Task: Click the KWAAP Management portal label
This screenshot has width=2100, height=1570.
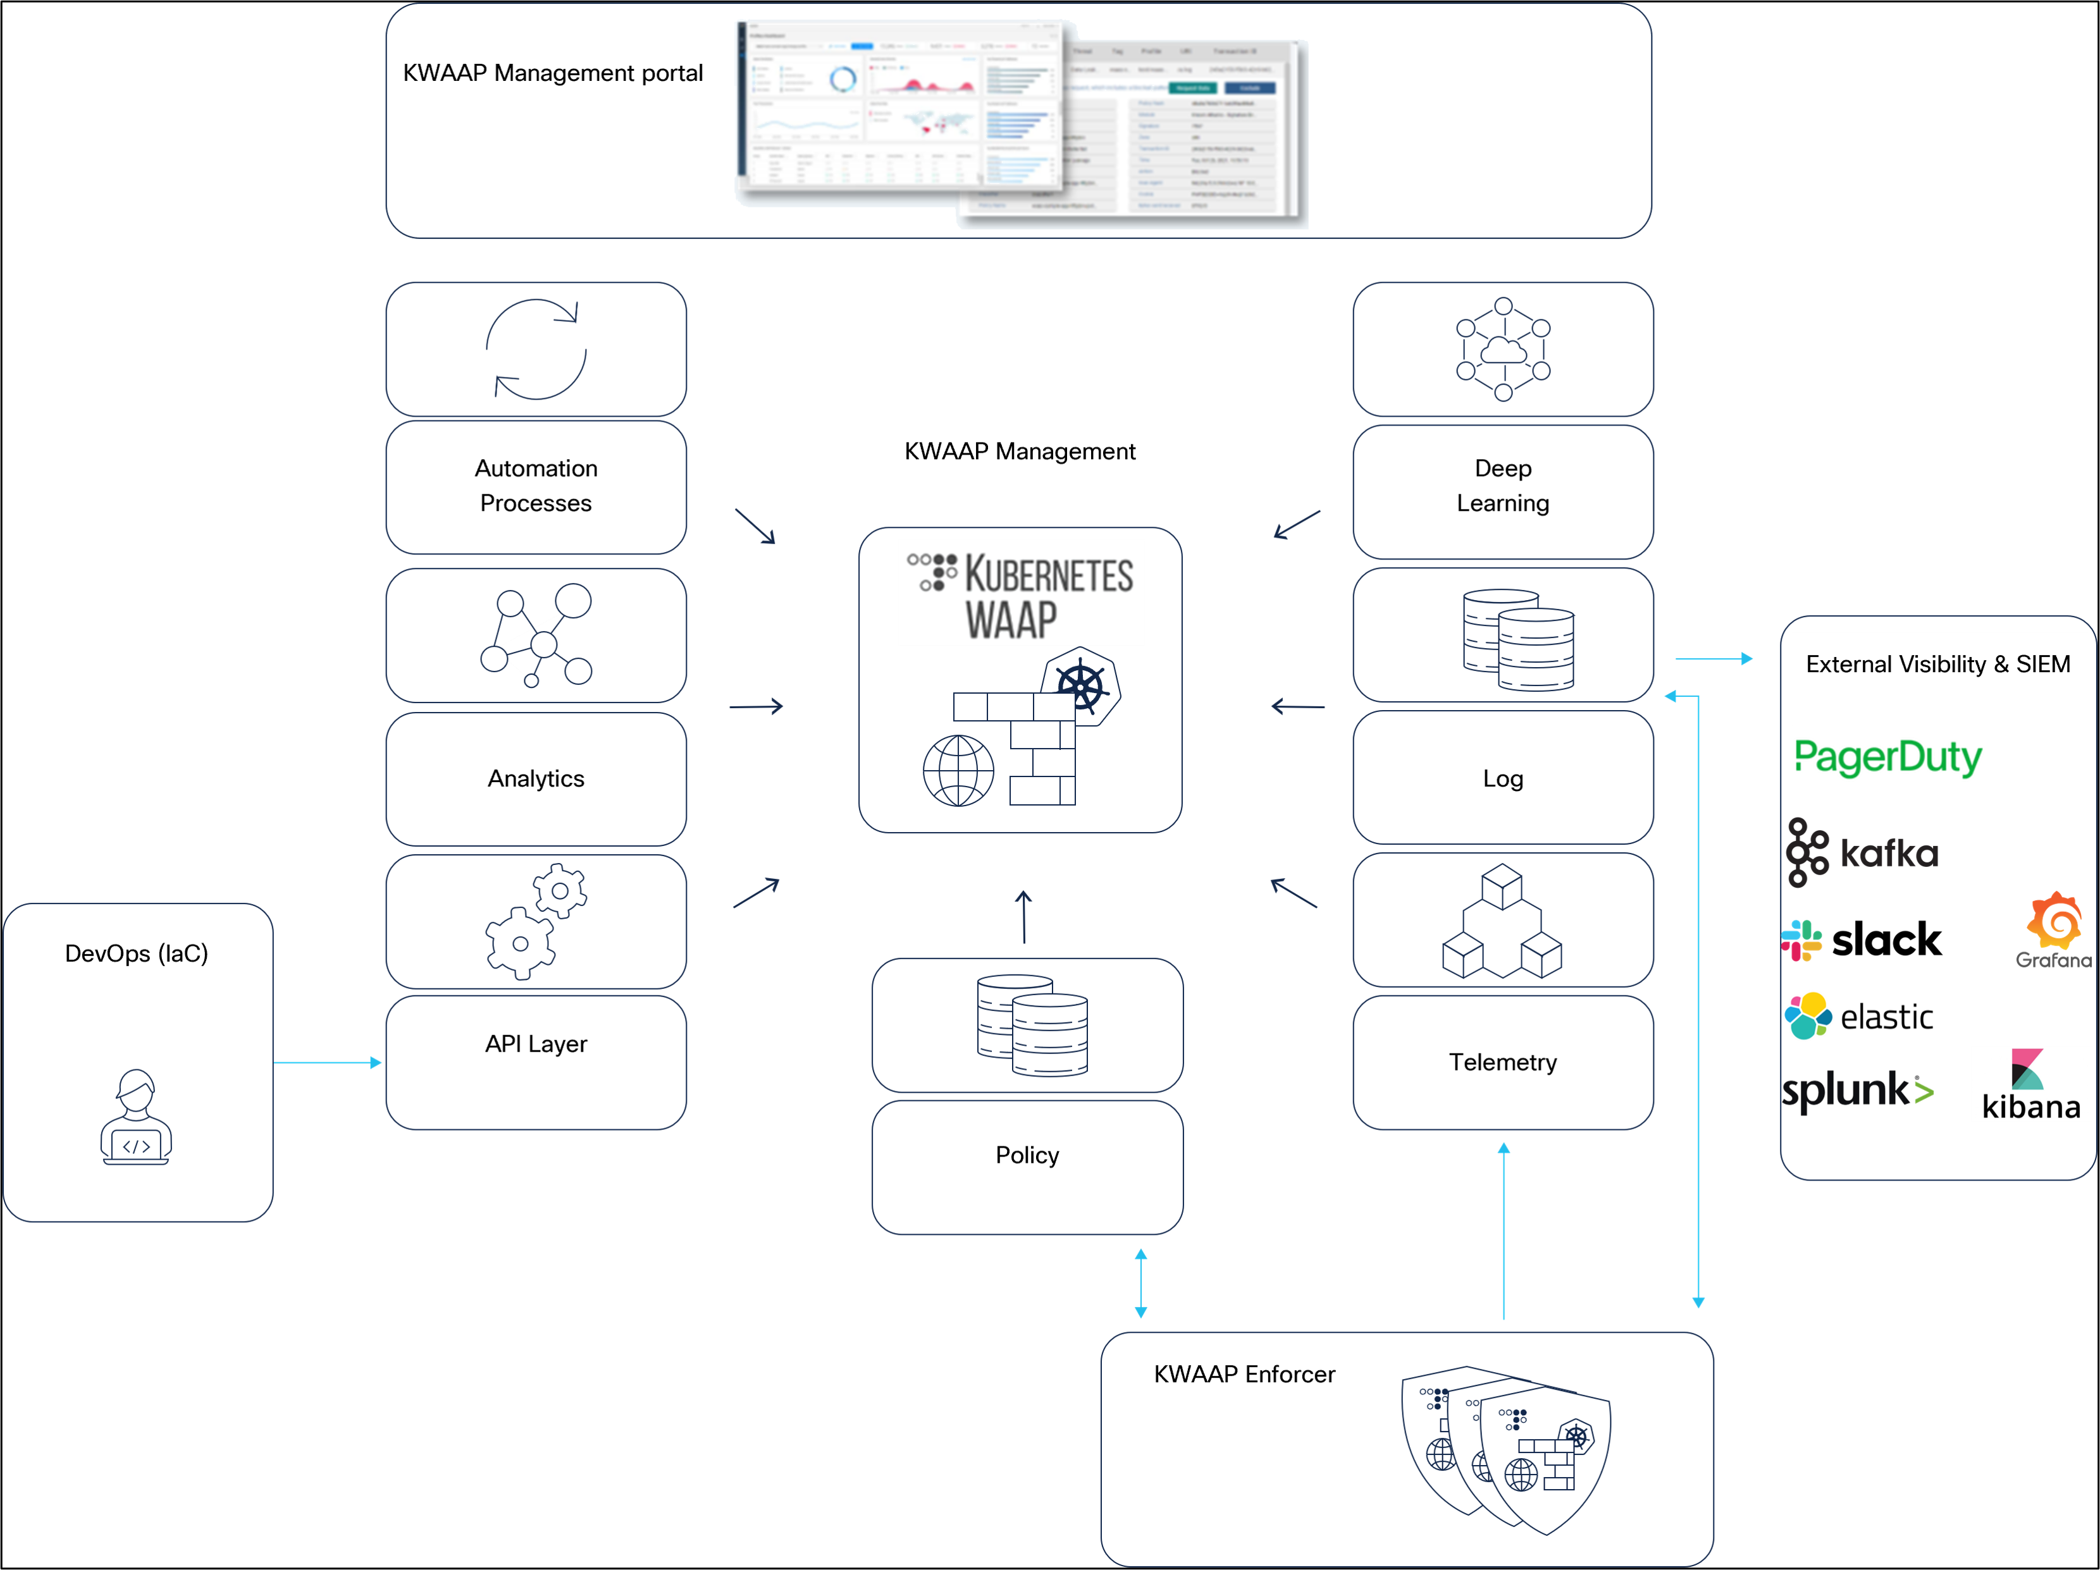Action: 553,73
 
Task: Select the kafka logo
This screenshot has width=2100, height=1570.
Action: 1863,852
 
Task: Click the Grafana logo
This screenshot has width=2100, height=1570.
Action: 2053,929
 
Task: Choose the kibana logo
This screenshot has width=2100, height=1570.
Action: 2030,1085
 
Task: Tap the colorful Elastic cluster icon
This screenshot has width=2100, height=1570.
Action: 1808,1015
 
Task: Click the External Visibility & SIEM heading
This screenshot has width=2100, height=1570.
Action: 1937,665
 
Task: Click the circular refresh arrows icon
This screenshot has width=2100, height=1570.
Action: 536,349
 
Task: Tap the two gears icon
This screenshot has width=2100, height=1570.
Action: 536,921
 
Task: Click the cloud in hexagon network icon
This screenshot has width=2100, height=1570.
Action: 1503,349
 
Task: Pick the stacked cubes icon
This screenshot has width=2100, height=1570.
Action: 1502,921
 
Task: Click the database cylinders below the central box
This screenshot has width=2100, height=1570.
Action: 1032,1025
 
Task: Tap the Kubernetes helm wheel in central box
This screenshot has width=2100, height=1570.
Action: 1082,685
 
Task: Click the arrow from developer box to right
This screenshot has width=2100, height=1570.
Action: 328,1062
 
